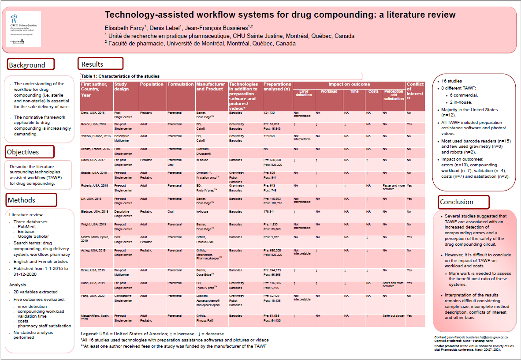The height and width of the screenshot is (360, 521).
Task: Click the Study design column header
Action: (x=122, y=86)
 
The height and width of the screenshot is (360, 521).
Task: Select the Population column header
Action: (x=152, y=84)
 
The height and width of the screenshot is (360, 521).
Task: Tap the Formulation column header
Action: (x=180, y=84)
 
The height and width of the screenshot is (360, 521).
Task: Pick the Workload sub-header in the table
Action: (x=329, y=92)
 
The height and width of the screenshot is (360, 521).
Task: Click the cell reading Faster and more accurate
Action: (x=394, y=187)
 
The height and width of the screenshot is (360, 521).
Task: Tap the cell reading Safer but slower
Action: (x=393, y=316)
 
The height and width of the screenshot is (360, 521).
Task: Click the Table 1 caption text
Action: (x=121, y=76)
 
